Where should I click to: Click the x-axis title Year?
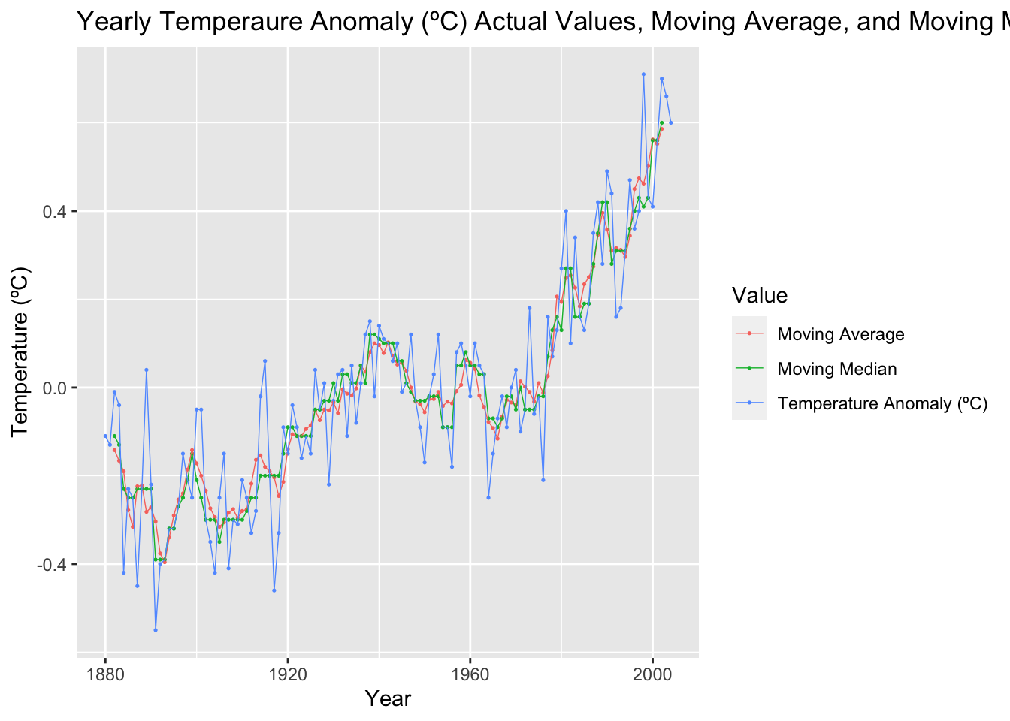388,698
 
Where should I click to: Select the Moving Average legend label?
840,334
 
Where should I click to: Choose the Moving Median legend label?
836,369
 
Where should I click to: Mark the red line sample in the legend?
749,334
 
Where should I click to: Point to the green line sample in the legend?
749,369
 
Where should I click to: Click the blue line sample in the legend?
749,403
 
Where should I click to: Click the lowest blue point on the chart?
156,630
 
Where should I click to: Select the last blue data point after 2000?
671,122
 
